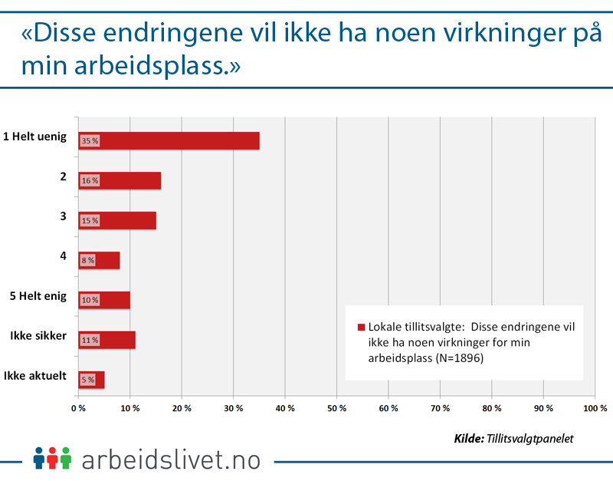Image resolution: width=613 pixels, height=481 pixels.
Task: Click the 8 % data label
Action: point(88,261)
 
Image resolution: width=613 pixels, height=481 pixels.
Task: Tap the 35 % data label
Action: point(90,141)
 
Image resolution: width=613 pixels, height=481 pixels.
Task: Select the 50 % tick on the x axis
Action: point(337,408)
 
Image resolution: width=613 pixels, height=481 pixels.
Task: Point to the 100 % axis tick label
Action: point(595,408)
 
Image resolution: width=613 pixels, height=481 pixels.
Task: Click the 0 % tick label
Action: point(78,408)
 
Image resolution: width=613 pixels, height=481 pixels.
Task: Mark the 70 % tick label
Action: point(441,408)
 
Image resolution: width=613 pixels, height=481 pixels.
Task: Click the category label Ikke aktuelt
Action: point(36,376)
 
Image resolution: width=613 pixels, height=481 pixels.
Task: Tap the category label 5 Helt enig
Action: point(38,296)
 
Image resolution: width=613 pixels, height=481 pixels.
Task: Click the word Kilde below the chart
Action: point(468,439)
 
